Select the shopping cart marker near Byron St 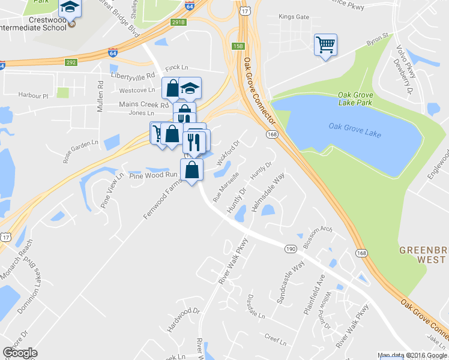point(325,45)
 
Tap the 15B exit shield point(238,46)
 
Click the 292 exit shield point(71,61)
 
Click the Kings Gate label point(294,17)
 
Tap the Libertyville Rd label point(133,76)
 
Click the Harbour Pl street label point(33,95)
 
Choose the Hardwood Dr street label point(184,320)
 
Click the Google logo point(20,353)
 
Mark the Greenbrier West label point(423,254)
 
